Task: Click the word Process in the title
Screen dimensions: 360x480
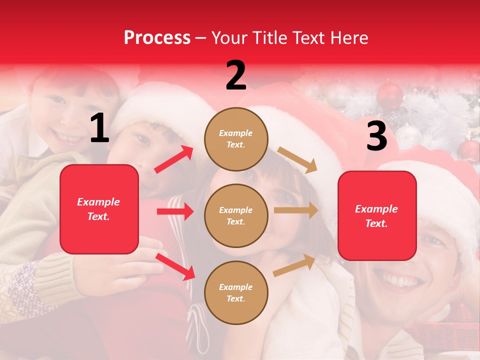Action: click(x=157, y=38)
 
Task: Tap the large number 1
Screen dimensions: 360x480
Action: click(x=99, y=128)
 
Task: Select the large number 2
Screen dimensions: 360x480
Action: click(x=236, y=75)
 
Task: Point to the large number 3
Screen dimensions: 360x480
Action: click(x=376, y=136)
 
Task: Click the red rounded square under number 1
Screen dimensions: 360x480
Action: click(x=99, y=209)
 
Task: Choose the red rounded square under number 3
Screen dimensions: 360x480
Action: click(x=377, y=215)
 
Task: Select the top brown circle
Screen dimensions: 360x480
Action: click(x=236, y=138)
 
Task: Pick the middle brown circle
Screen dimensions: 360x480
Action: click(x=236, y=215)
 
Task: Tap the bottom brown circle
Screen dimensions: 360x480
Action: click(x=236, y=292)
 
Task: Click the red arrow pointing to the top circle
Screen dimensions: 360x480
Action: click(x=174, y=159)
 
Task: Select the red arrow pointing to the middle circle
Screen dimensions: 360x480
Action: click(x=175, y=211)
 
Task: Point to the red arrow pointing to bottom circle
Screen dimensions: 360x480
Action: click(x=175, y=266)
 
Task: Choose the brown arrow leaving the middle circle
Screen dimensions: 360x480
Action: click(x=296, y=210)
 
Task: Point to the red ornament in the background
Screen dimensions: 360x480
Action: click(x=389, y=94)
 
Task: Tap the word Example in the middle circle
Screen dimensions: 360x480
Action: click(x=235, y=210)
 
